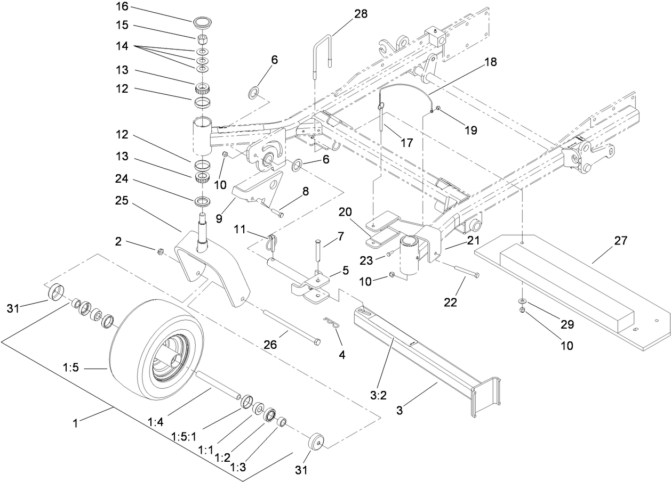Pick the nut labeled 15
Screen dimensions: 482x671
coord(202,39)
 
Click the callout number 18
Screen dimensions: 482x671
coord(490,62)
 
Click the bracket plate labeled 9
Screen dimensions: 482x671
coord(256,189)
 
